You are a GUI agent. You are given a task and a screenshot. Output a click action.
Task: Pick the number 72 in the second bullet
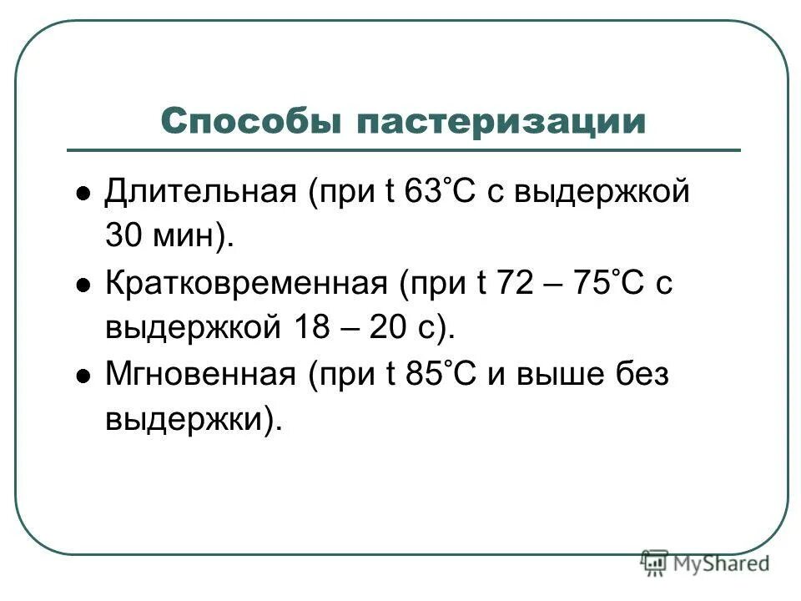click(515, 284)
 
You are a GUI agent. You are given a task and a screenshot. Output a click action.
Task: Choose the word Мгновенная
click(200, 375)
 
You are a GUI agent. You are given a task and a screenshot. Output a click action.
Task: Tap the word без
click(640, 375)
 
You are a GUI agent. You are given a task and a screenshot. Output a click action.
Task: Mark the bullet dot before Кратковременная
click(83, 285)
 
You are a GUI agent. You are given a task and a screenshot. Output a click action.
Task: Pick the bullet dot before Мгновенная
click(83, 376)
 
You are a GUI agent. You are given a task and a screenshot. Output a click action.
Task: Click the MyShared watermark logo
click(705, 563)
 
